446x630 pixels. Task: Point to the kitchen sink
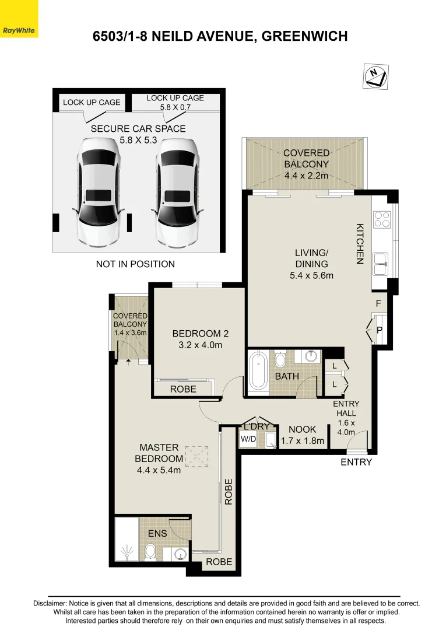pyautogui.click(x=382, y=263)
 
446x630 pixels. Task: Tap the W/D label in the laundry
pyautogui.click(x=248, y=438)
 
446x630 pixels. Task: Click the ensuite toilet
pyautogui.click(x=150, y=551)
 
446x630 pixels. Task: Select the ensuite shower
pyautogui.click(x=127, y=539)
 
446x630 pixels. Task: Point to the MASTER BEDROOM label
pyautogui.click(x=159, y=453)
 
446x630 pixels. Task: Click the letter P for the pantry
pyautogui.click(x=380, y=330)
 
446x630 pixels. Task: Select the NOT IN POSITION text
pyautogui.click(x=135, y=264)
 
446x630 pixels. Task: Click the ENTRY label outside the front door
pyautogui.click(x=356, y=462)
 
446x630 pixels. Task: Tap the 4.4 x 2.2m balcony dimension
pyautogui.click(x=306, y=176)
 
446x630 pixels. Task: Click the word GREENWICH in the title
pyautogui.click(x=304, y=36)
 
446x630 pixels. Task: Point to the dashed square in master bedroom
pyautogui.click(x=196, y=456)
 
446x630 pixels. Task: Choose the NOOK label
pyautogui.click(x=303, y=430)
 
